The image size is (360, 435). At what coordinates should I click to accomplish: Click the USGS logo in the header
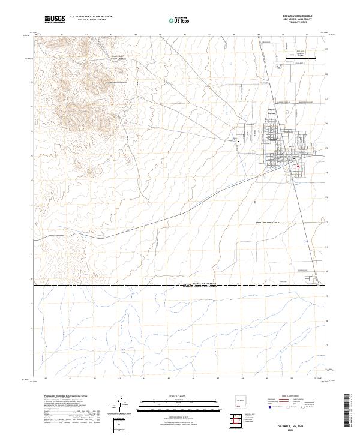(55, 20)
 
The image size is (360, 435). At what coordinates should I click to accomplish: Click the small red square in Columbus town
(298, 167)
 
